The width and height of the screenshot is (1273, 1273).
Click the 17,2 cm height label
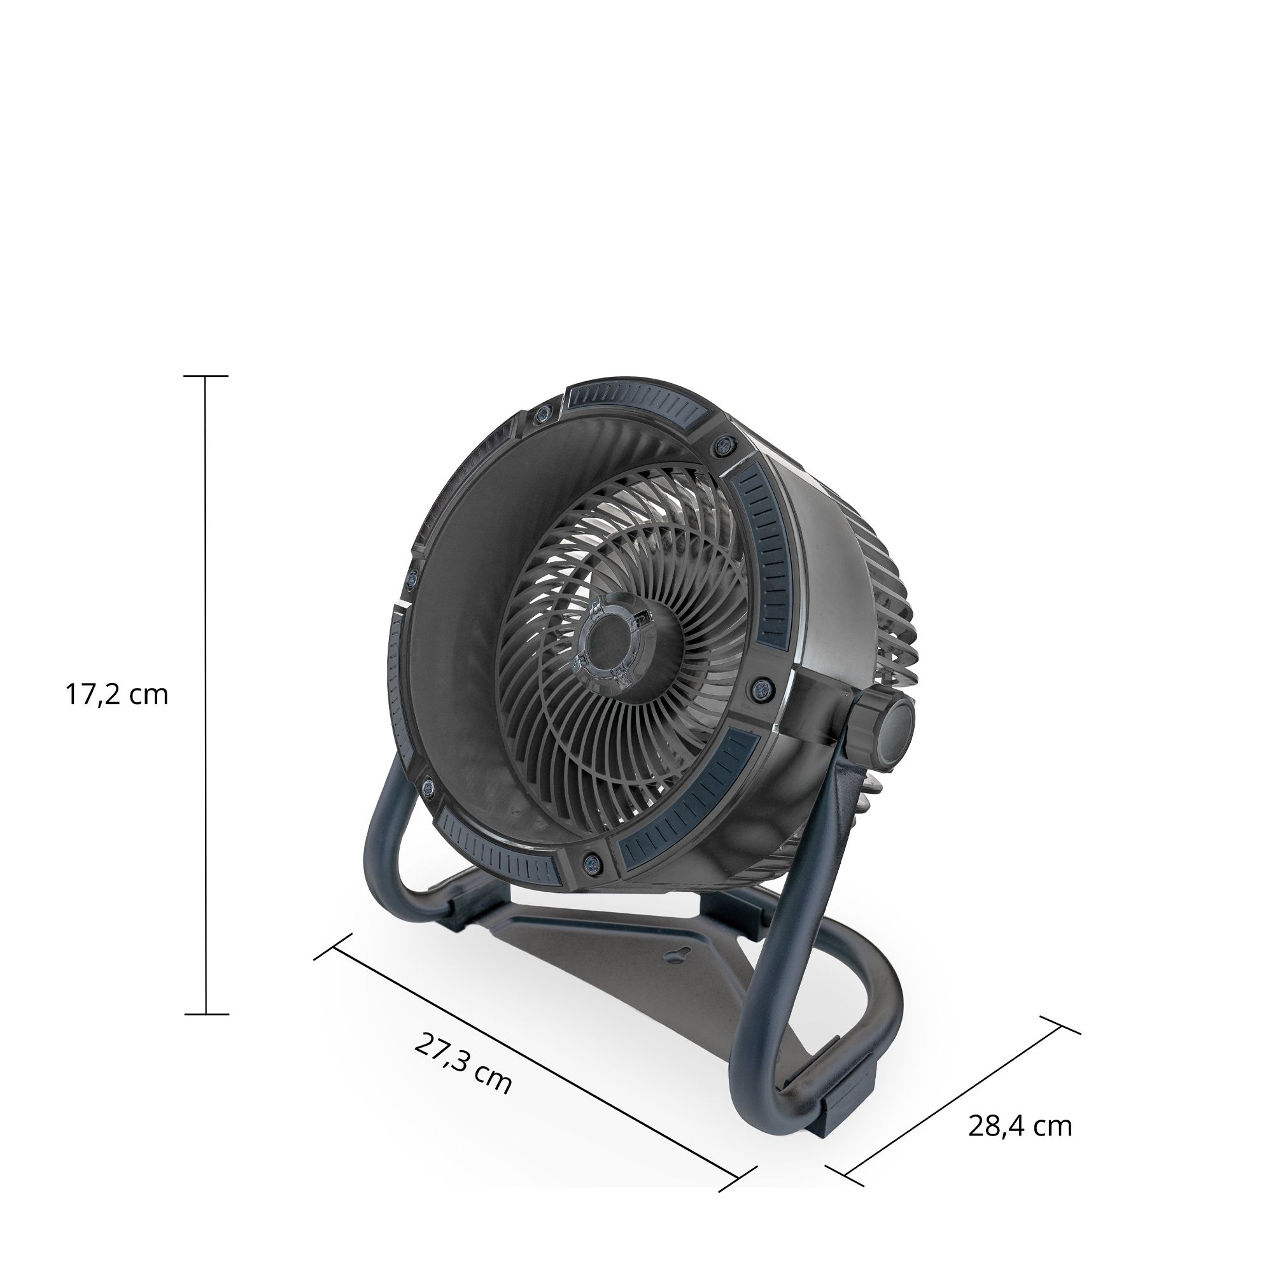point(116,695)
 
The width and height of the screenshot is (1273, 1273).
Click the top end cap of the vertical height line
point(206,376)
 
